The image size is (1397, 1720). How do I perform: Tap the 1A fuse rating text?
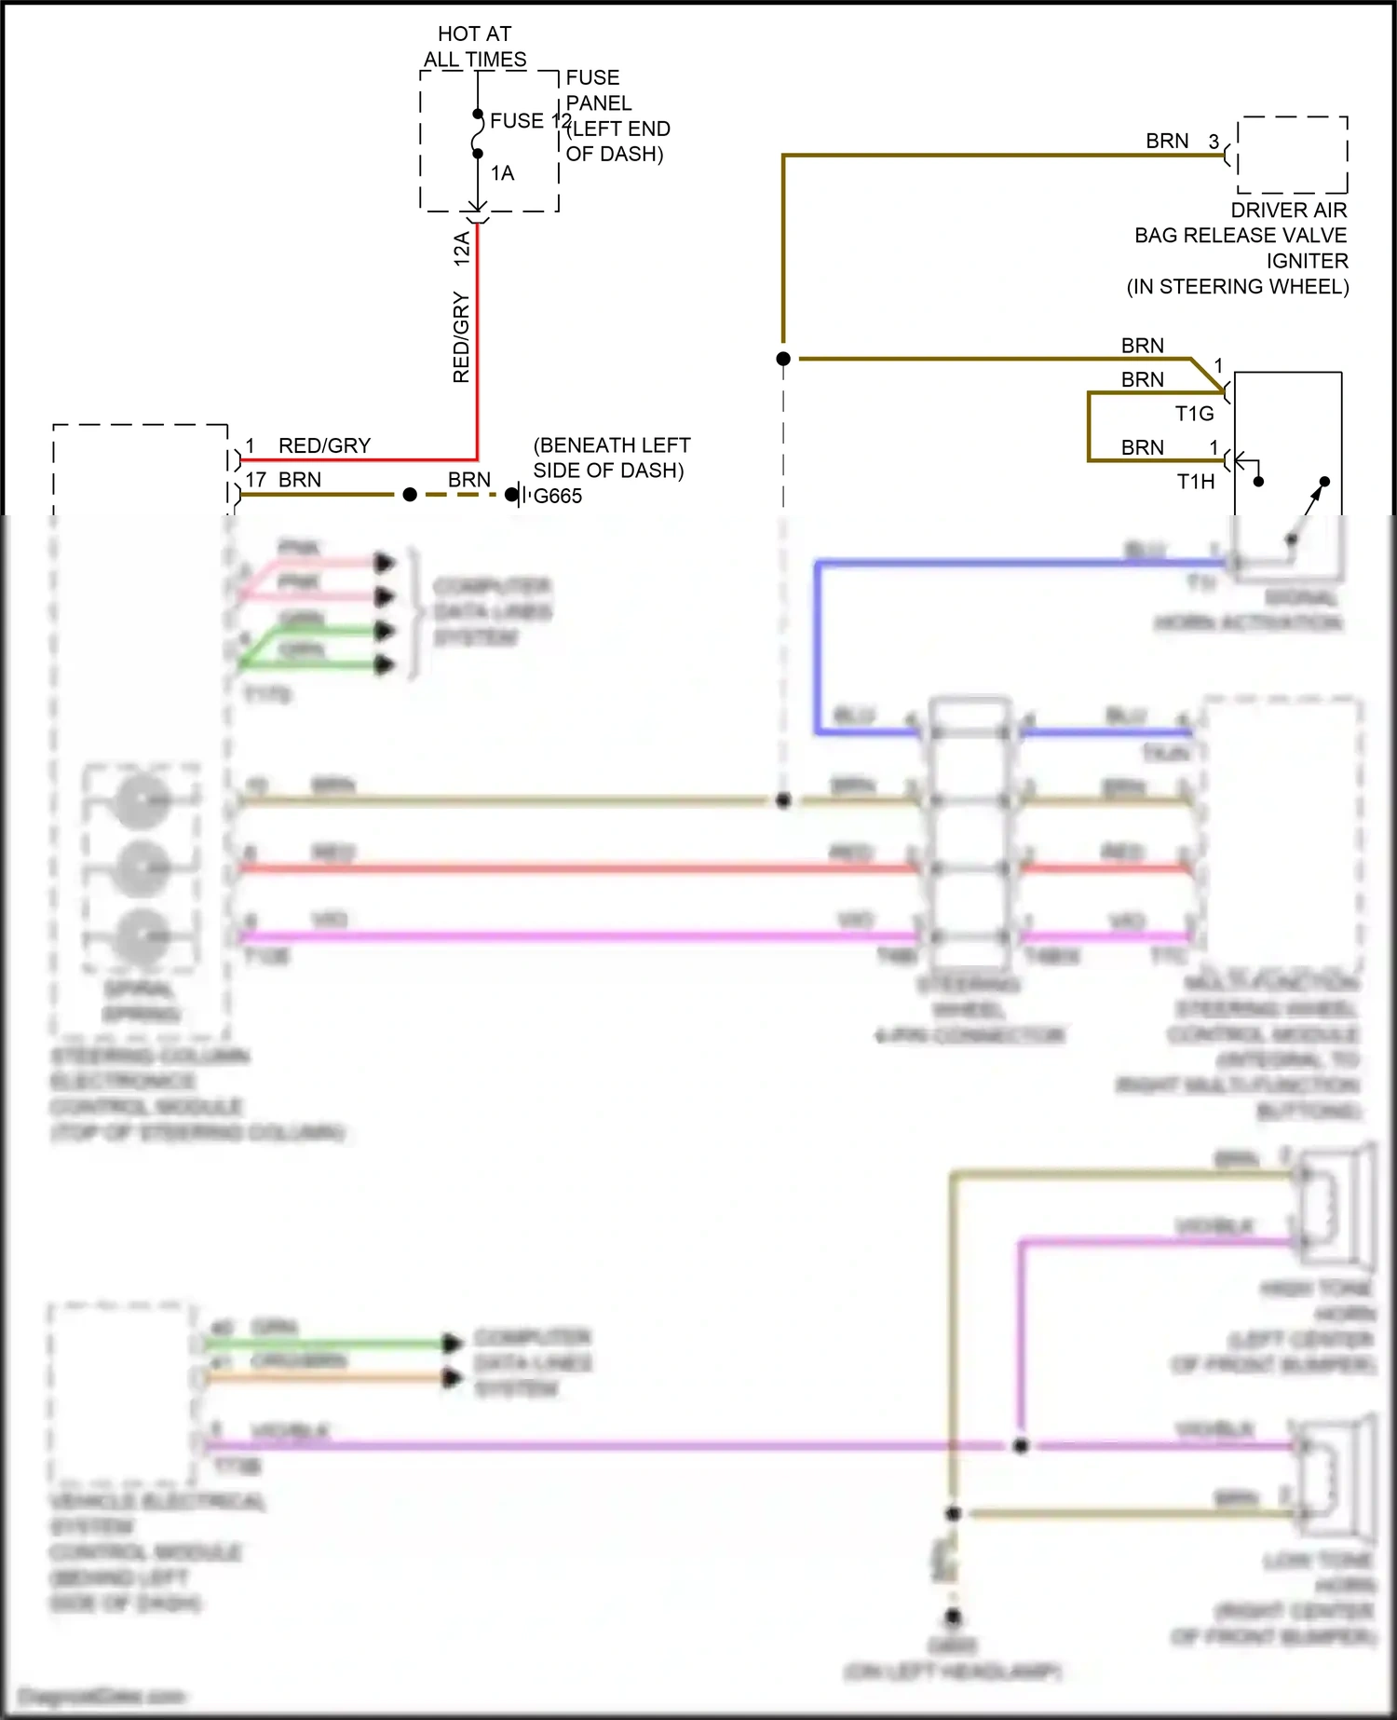coord(502,173)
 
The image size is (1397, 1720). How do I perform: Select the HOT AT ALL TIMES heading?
coord(475,47)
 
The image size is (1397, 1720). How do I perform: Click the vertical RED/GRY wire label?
coord(461,337)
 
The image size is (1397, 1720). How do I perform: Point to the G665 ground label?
coord(557,497)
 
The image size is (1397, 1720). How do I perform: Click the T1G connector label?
coord(1194,414)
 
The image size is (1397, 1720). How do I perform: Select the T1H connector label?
coord(1195,482)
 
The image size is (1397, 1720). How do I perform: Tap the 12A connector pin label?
coord(461,250)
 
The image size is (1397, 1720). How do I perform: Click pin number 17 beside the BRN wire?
coord(256,480)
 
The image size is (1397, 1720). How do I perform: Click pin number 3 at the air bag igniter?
coord(1214,142)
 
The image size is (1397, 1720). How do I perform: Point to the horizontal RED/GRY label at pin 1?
coord(324,445)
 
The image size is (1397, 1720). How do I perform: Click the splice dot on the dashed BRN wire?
coord(410,495)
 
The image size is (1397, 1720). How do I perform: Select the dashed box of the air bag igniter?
coord(1292,155)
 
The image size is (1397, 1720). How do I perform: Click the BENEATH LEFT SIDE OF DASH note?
coord(610,457)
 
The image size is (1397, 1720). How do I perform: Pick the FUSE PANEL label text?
coord(598,90)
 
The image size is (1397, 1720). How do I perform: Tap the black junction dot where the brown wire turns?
coord(783,359)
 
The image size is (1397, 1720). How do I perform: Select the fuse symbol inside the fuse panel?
coord(478,133)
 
